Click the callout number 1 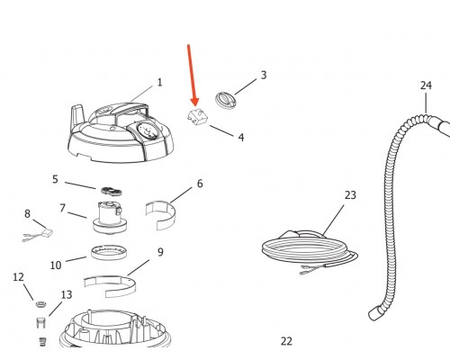pyautogui.click(x=159, y=83)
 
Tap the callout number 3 pyautogui.click(x=264, y=75)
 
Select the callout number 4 pyautogui.click(x=241, y=138)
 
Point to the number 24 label pyautogui.click(x=426, y=85)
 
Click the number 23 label pyautogui.click(x=350, y=195)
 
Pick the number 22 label pyautogui.click(x=286, y=341)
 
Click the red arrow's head pyautogui.click(x=195, y=102)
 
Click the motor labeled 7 pyautogui.click(x=110, y=218)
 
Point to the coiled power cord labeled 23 pyautogui.click(x=310, y=249)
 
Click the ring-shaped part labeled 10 pyautogui.click(x=109, y=253)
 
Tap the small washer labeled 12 pyautogui.click(x=41, y=304)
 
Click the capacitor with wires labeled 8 pyautogui.click(x=39, y=235)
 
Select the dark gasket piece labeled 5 pyautogui.click(x=112, y=191)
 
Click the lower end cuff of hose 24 pyautogui.click(x=375, y=313)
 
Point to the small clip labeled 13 pyautogui.click(x=40, y=323)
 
